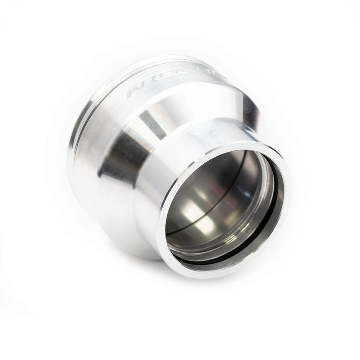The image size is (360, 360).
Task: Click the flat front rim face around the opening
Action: coord(167,222)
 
